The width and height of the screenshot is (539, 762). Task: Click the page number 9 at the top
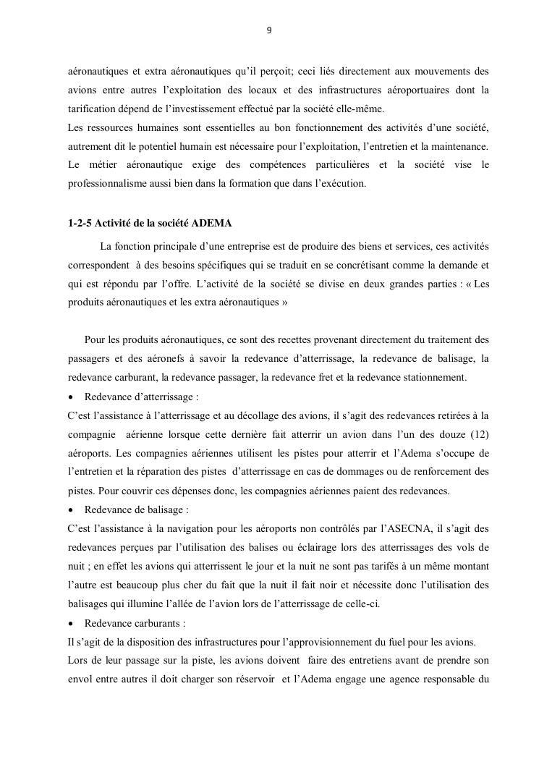click(269, 30)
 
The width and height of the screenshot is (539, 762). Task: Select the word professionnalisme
click(106, 183)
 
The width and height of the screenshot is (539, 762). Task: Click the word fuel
click(389, 642)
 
